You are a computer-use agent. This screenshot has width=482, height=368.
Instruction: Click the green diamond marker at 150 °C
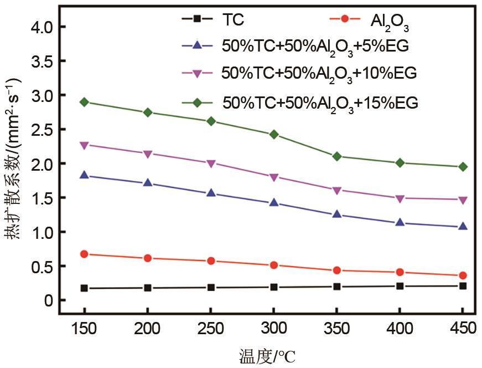click(84, 102)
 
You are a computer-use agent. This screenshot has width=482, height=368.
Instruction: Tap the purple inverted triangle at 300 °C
click(274, 177)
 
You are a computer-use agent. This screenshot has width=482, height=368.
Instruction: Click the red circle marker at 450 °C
click(463, 275)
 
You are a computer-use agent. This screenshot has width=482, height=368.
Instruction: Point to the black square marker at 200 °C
click(148, 288)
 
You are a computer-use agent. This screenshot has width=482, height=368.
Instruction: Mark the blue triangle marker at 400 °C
click(400, 222)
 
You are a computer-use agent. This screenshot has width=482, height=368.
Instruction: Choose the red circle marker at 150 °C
click(84, 254)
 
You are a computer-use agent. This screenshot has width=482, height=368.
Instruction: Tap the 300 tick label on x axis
click(274, 328)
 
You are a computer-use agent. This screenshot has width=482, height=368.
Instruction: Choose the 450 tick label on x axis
click(463, 328)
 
